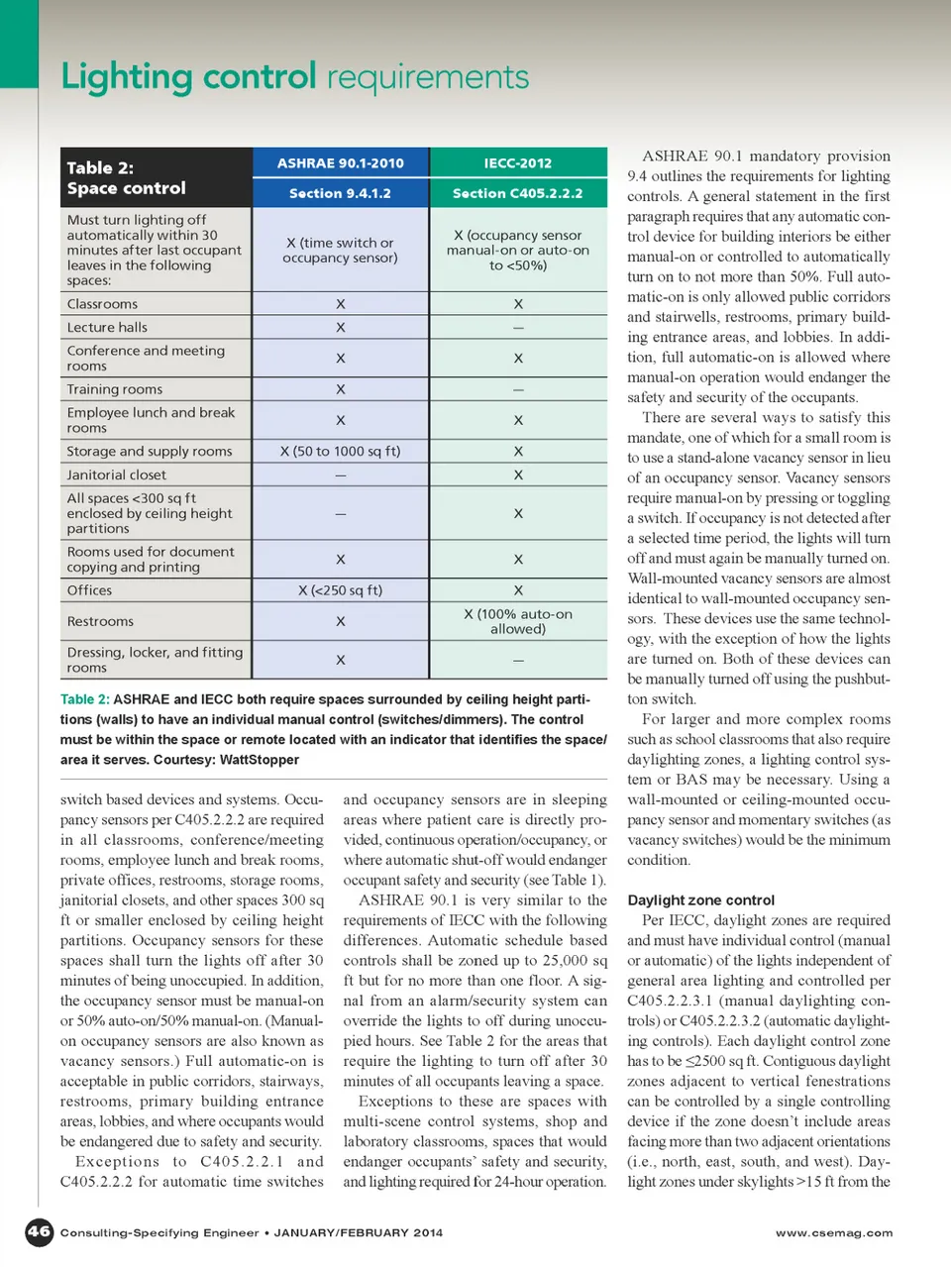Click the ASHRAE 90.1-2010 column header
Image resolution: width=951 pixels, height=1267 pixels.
(340, 162)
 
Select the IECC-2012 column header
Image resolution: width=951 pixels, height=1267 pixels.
(517, 162)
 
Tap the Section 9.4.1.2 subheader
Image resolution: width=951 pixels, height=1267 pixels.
(340, 193)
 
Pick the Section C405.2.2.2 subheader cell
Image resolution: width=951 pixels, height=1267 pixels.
(517, 193)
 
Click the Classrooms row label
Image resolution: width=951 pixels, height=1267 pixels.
(102, 304)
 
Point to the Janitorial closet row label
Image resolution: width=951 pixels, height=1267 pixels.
(116, 475)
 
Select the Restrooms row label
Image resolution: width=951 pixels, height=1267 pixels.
(100, 621)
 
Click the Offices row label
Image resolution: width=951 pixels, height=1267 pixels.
(89, 590)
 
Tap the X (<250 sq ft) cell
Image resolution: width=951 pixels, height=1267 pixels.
(340, 590)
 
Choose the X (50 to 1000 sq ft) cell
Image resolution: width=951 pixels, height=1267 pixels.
(340, 451)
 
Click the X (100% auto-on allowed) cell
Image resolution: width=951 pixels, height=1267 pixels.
(517, 621)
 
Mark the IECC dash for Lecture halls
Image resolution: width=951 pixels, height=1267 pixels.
(517, 328)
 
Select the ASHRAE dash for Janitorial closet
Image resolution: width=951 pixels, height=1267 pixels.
(340, 475)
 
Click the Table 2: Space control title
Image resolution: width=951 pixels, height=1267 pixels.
(126, 177)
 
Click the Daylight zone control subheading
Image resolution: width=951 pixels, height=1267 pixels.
(700, 900)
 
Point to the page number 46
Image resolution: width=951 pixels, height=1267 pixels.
(39, 1231)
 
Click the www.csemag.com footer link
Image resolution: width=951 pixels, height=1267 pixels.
(833, 1233)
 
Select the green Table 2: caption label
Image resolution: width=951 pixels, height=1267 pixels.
(84, 699)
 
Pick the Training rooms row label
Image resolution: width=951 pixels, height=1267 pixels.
(114, 389)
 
